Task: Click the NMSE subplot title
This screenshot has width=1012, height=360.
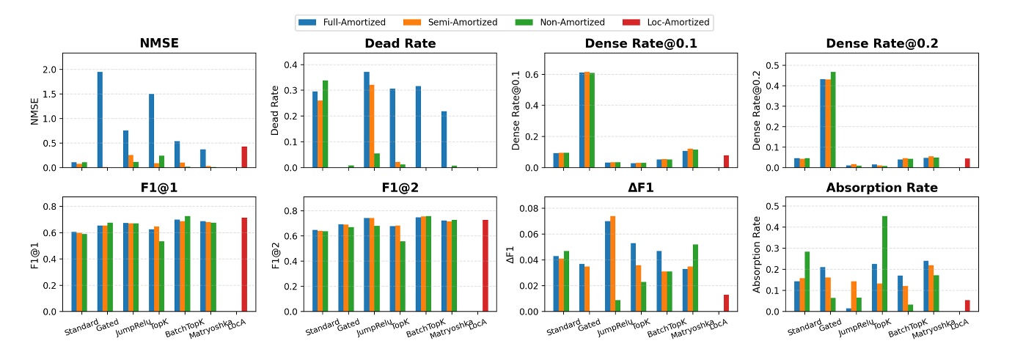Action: [x=159, y=43]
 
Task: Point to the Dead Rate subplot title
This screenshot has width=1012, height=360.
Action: [x=400, y=43]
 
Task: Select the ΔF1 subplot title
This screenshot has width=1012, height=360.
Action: [x=640, y=188]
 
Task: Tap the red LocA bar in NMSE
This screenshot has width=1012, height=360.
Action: [x=244, y=157]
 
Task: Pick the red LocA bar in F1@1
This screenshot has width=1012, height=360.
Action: [x=244, y=265]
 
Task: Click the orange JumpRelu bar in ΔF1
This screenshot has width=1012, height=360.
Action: [x=613, y=264]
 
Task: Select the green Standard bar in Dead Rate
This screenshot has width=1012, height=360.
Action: [x=326, y=124]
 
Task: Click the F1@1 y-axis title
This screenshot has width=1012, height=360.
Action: [x=34, y=254]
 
